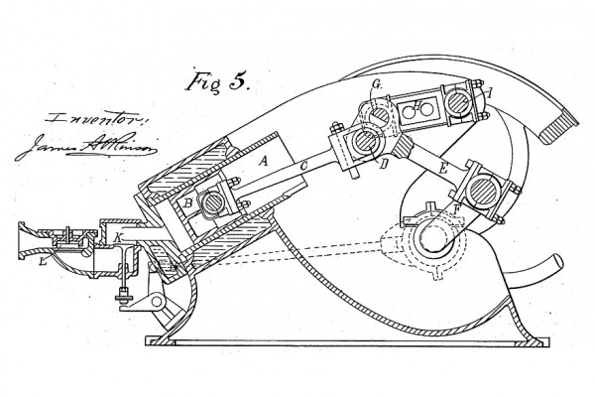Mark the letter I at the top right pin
tap(486, 93)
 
